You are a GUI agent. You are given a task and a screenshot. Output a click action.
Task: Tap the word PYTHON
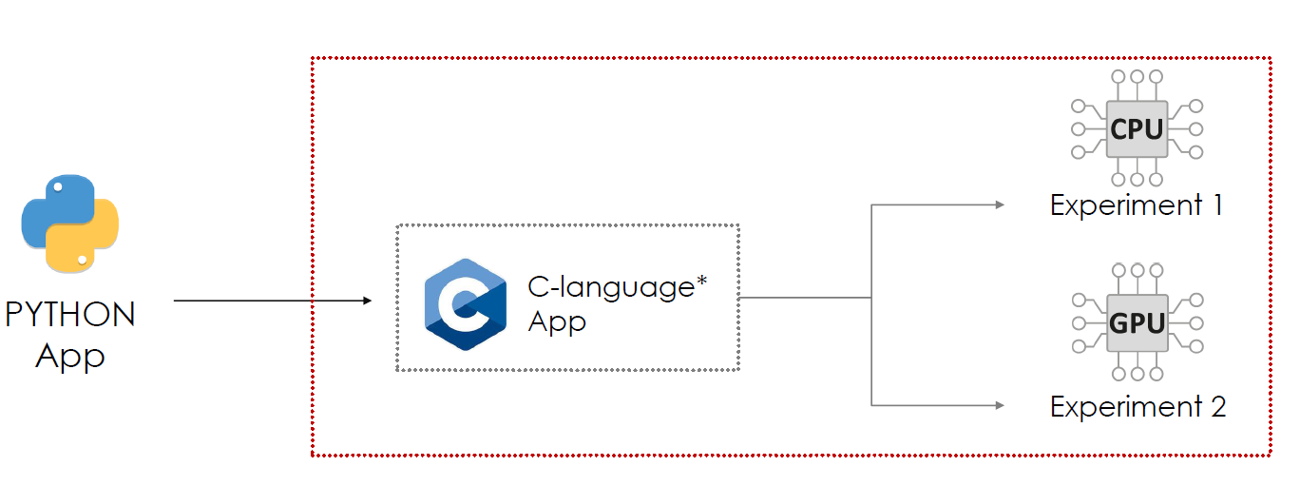(70, 314)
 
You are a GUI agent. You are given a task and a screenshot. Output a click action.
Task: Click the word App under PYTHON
(70, 357)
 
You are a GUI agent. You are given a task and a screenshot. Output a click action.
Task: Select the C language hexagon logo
(465, 303)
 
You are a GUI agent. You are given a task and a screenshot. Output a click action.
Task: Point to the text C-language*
(618, 287)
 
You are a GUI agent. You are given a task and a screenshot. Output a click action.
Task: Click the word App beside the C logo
(557, 321)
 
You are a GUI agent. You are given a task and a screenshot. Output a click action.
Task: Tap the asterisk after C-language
(702, 282)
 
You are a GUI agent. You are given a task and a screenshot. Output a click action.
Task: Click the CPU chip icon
(1137, 128)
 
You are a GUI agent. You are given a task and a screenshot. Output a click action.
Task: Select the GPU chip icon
(1137, 323)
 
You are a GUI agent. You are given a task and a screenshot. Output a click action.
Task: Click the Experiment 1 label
(1137, 204)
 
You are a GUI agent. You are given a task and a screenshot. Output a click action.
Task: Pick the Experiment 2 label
(1137, 407)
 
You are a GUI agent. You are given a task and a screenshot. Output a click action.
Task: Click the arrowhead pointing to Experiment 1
(1000, 204)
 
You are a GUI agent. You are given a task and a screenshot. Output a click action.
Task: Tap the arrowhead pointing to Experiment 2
(1000, 406)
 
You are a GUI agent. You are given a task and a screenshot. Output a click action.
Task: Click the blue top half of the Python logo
(59, 202)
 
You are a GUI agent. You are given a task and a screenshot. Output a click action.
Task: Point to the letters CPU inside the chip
(1137, 128)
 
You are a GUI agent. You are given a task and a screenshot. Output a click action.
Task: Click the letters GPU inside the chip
(1137, 323)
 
